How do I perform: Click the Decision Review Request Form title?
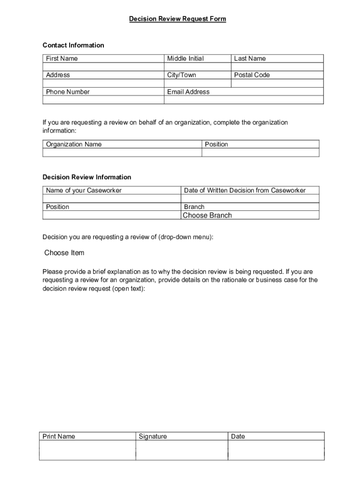[x=178, y=19]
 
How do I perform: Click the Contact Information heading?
[x=73, y=45]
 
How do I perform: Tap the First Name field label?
[x=62, y=58]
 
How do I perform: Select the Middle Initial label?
[x=185, y=58]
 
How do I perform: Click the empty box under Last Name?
[x=277, y=67]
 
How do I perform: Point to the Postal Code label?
[x=252, y=75]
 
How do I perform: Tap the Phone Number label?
[x=68, y=92]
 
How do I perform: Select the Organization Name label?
[x=73, y=144]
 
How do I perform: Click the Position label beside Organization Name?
[x=216, y=144]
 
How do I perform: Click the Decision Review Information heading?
[x=87, y=177]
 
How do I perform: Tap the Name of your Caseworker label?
[x=84, y=190]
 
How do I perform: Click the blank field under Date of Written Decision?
[x=250, y=199]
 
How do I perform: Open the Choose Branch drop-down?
[x=207, y=215]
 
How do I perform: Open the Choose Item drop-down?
[x=64, y=253]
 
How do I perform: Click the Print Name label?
[x=59, y=436]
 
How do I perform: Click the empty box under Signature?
[x=181, y=450]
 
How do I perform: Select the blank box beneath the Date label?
[x=276, y=450]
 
